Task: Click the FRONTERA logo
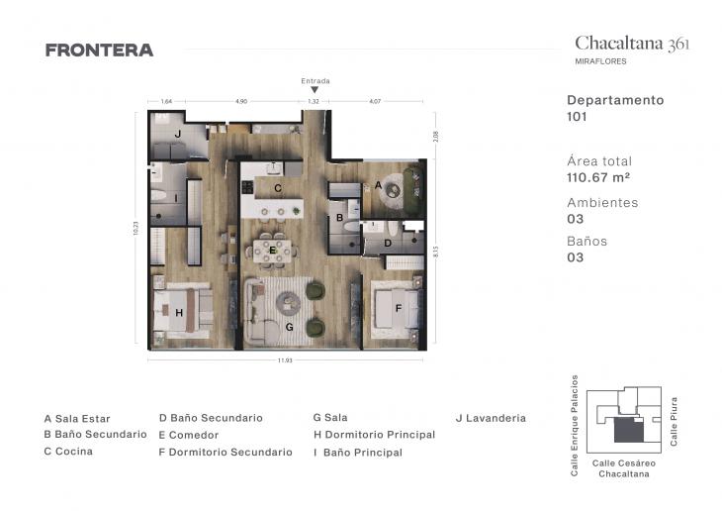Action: tap(99, 51)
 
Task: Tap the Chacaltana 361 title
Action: tap(632, 43)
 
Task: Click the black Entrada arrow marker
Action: tap(315, 90)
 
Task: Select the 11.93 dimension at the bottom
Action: tap(285, 360)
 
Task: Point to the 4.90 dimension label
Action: tap(240, 101)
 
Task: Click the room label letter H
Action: tap(179, 312)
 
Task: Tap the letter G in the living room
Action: tap(289, 326)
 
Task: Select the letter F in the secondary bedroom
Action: tap(398, 307)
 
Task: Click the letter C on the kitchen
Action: tap(278, 187)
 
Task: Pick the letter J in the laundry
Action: tap(177, 133)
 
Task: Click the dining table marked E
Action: tap(273, 250)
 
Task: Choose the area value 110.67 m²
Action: tap(598, 177)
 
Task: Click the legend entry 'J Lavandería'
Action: tap(491, 418)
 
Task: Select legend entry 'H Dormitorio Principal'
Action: tap(374, 435)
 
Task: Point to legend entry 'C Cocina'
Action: tap(68, 452)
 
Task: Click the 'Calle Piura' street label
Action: tap(674, 421)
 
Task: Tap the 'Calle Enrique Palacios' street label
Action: tap(575, 425)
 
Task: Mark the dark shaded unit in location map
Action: tap(627, 430)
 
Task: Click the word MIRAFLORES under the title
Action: tap(600, 61)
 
